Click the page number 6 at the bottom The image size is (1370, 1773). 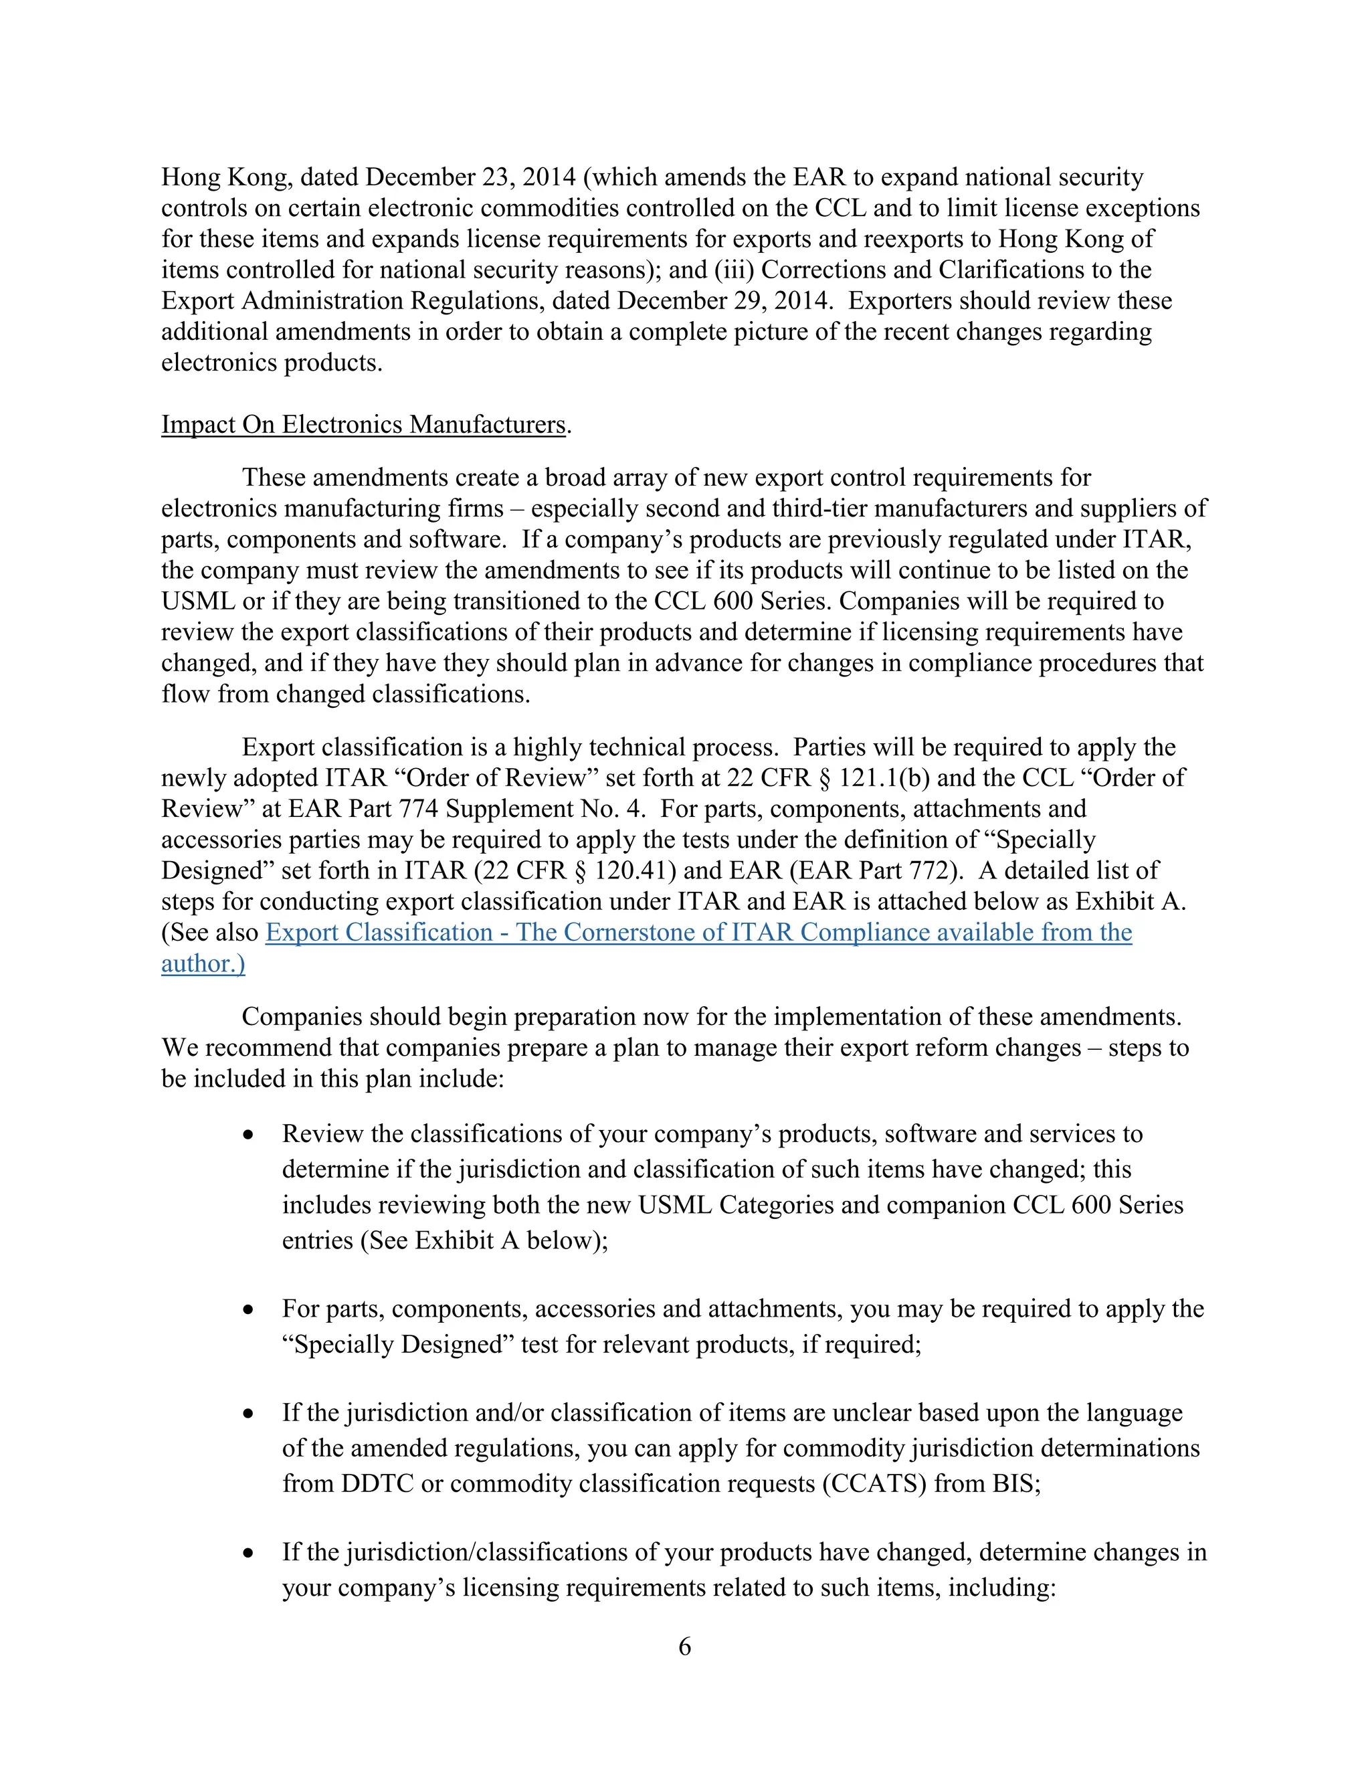[684, 1647]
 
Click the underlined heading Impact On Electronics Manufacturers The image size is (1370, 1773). [363, 425]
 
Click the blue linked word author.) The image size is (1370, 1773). [203, 963]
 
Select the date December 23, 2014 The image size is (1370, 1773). [471, 177]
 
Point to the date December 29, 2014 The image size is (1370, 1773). [724, 300]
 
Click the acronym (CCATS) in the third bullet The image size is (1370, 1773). [873, 1483]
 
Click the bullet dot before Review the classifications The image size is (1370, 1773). [249, 1135]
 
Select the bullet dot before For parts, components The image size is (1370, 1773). [249, 1309]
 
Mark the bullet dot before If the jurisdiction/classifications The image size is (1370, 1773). [249, 1553]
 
